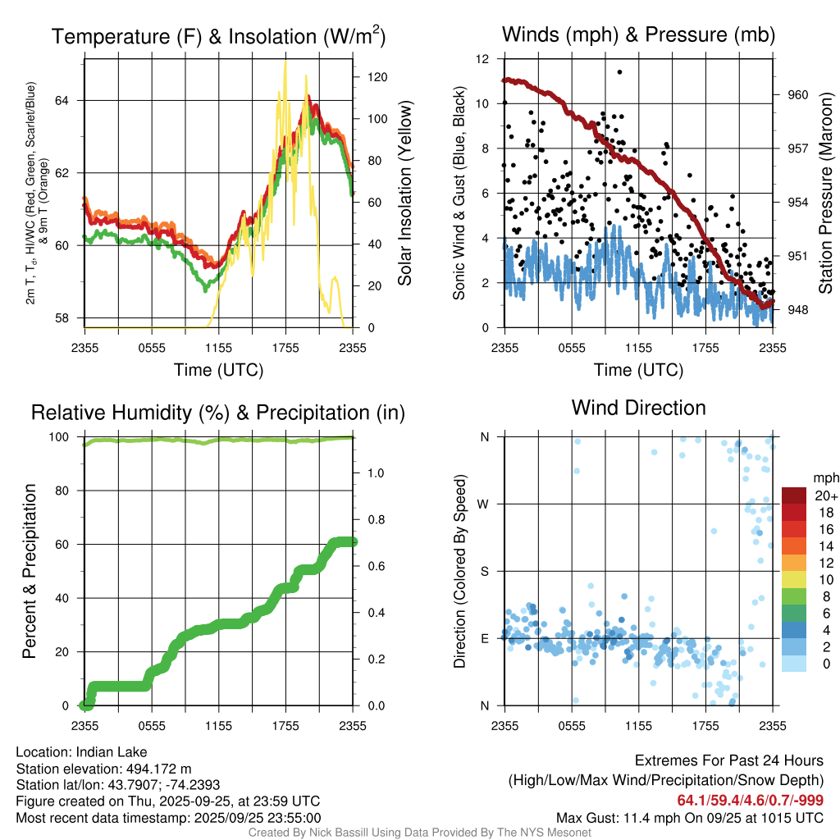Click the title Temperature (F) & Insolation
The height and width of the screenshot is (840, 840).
(x=218, y=36)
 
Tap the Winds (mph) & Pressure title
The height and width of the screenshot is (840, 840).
(x=639, y=34)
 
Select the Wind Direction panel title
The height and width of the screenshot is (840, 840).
(x=638, y=408)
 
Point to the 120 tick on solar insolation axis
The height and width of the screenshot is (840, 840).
(x=377, y=77)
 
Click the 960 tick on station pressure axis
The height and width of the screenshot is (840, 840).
(x=798, y=94)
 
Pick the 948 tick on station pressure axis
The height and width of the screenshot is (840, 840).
(x=798, y=309)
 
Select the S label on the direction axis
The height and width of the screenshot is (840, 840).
(x=485, y=571)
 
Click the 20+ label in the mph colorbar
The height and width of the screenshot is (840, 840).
(x=825, y=495)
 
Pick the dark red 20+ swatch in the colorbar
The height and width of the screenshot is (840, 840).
(x=794, y=495)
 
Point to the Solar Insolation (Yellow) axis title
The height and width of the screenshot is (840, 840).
(x=405, y=193)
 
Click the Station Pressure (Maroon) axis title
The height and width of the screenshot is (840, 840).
(x=826, y=193)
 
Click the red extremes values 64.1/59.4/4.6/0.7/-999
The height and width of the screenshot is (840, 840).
(x=750, y=801)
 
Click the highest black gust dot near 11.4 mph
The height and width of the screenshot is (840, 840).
(x=619, y=72)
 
